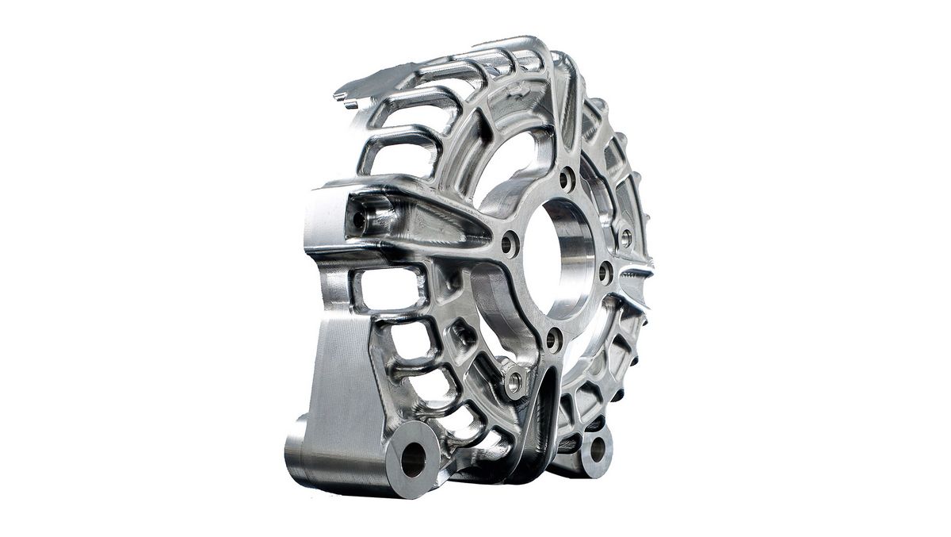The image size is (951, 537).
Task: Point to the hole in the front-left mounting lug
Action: point(414,459)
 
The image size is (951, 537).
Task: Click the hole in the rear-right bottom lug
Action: point(597,450)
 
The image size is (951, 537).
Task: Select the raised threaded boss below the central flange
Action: point(514,382)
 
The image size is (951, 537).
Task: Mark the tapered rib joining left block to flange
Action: point(444,218)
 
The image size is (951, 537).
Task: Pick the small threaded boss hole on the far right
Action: point(625,236)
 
